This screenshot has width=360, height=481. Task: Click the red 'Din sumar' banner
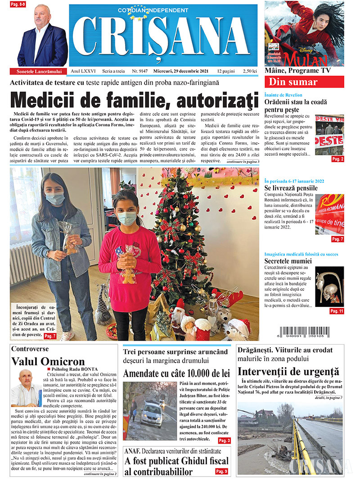[304, 82]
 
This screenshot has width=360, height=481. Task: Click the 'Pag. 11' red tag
[336, 311]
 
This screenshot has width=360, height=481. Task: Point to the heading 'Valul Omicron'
[48, 361]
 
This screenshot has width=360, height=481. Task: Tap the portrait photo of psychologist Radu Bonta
[26, 388]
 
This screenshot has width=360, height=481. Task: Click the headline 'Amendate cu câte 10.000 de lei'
[176, 373]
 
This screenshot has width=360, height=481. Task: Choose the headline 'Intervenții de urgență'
[288, 372]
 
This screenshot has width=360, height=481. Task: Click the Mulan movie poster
[304, 33]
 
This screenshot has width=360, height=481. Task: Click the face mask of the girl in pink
[127, 219]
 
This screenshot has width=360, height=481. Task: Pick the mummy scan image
[329, 287]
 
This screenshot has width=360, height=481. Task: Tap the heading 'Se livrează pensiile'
[291, 188]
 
